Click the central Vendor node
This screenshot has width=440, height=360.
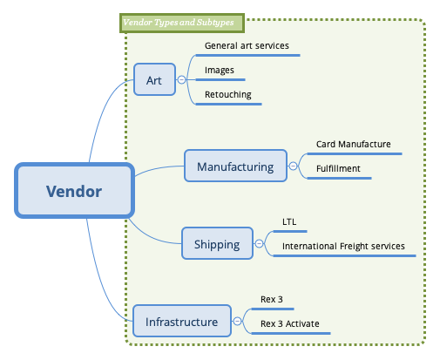click(74, 191)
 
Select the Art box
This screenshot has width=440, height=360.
click(154, 79)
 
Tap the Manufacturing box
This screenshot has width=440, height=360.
click(235, 166)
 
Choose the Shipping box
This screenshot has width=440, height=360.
click(216, 244)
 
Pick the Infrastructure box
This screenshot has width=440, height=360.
click(181, 322)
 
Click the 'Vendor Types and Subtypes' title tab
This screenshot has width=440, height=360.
click(181, 22)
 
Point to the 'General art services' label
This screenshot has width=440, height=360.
click(247, 45)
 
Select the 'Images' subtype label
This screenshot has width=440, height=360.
click(219, 70)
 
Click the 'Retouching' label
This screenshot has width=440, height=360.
click(227, 94)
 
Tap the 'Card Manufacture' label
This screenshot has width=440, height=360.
click(353, 144)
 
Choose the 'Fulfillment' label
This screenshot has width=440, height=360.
click(338, 168)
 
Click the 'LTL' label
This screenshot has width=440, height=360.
click(289, 221)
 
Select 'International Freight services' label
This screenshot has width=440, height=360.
click(343, 246)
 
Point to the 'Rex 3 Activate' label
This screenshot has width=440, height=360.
click(289, 323)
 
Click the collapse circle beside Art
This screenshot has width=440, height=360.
click(182, 79)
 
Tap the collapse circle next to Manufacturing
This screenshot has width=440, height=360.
click(293, 166)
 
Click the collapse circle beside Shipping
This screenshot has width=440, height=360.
click(259, 244)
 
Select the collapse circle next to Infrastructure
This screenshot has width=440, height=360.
click(237, 322)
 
